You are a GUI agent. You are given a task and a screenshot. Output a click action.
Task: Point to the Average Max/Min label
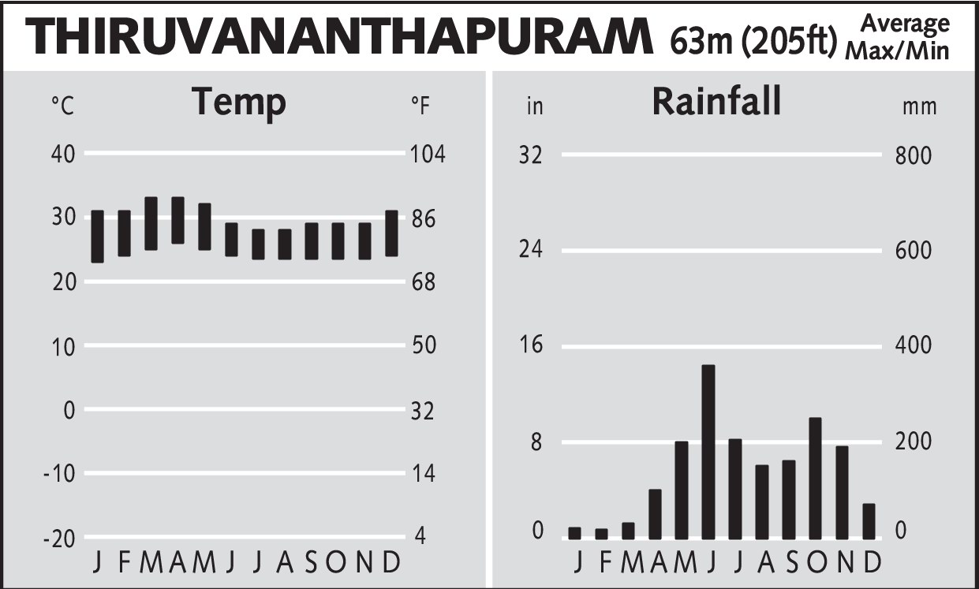[x=897, y=37]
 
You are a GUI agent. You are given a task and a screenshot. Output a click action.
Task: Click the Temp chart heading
[x=239, y=103]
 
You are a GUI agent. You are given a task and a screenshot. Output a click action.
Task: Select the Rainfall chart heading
[x=716, y=103]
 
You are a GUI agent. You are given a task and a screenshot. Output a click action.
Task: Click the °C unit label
[x=62, y=106]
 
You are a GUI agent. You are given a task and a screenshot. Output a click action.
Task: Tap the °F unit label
[x=420, y=106]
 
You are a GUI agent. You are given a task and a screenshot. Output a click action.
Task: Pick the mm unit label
[x=919, y=106]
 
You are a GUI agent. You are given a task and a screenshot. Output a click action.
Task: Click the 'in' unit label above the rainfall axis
[x=535, y=106]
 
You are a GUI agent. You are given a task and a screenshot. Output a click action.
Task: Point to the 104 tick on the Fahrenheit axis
[x=428, y=154]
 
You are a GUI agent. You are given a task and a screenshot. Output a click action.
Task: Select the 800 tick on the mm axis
[x=914, y=155]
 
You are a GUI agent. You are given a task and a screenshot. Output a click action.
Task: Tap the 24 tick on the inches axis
[x=530, y=250]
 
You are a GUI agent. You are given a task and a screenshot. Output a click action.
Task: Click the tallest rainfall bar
[x=708, y=451]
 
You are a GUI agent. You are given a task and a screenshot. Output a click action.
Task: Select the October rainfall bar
[x=816, y=478]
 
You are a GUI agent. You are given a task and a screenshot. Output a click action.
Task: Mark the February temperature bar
[x=125, y=233]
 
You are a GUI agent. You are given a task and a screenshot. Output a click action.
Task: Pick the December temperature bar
[x=392, y=233]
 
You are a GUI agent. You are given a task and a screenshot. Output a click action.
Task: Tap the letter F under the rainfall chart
[x=605, y=562]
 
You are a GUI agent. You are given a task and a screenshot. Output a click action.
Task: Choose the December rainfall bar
[x=869, y=520]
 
